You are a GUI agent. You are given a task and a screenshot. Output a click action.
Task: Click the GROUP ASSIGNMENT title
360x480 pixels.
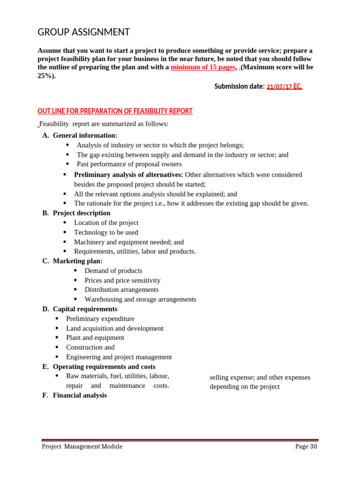83,32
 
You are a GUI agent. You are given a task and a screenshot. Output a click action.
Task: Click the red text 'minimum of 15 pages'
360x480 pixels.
202,67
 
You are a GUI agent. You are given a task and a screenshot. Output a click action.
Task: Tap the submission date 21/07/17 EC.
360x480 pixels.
284,87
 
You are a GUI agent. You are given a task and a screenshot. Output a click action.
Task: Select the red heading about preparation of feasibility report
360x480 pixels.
115,111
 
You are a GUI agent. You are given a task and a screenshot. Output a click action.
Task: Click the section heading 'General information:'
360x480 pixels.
85,135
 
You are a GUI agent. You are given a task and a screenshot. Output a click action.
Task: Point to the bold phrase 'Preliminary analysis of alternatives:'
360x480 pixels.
128,174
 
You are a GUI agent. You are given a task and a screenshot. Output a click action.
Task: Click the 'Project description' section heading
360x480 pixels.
82,213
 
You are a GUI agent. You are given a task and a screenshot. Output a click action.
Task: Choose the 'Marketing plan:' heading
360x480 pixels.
77,261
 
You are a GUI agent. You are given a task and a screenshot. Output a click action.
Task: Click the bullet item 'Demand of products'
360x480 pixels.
113,270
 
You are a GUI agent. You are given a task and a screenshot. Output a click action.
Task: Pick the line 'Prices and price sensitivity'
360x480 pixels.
122,280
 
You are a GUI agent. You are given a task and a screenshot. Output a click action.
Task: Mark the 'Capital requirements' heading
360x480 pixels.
85,309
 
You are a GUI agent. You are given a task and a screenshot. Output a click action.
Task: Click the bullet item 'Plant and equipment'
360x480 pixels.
95,337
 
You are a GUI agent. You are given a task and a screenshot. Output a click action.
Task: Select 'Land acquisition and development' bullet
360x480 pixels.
115,328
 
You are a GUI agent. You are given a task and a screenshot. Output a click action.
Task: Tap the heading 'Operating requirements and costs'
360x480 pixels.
104,367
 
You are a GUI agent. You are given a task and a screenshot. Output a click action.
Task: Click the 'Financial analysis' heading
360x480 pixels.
80,395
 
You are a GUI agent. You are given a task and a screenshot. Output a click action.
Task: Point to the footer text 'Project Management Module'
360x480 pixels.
82,447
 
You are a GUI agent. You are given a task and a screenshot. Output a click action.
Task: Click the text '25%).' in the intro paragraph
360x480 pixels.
46,76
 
